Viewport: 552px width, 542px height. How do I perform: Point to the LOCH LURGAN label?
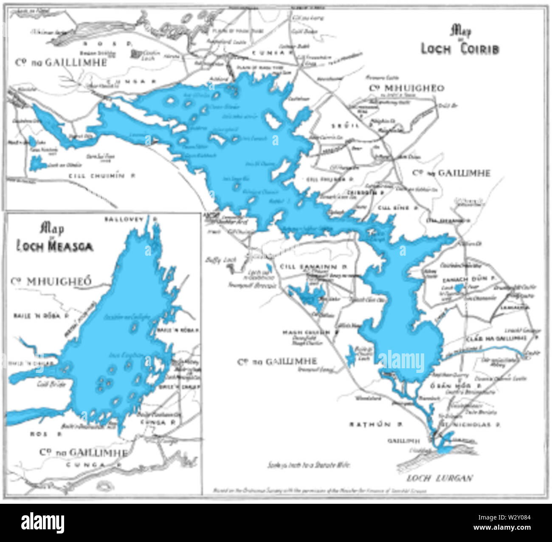click(x=439, y=478)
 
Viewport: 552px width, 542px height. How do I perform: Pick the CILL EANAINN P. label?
click(x=314, y=266)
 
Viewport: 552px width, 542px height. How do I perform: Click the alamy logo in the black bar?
click(x=42, y=522)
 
